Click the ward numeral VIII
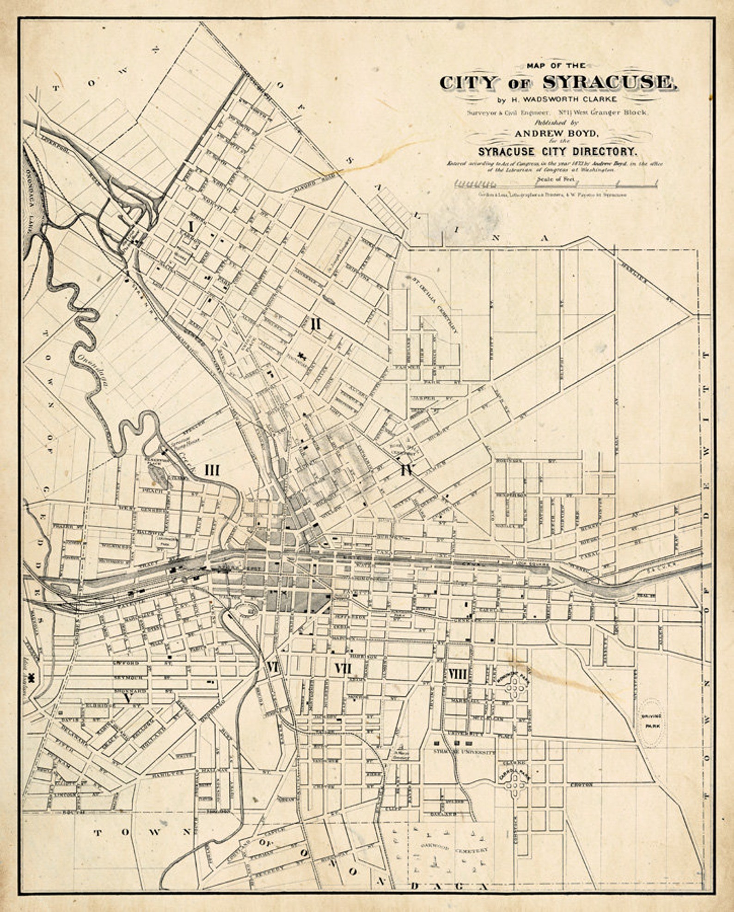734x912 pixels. coord(458,675)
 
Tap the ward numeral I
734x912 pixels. coord(190,226)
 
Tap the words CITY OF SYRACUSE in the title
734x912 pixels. coord(557,83)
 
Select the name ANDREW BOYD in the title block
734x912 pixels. coord(557,134)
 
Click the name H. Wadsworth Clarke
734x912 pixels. coord(557,99)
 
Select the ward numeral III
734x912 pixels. coord(212,470)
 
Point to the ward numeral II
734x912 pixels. coord(316,325)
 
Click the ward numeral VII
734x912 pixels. coord(343,669)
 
